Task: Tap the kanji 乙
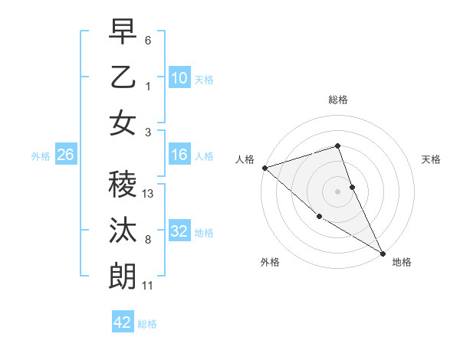pyautogui.click(x=123, y=78)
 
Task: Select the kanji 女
pyautogui.click(x=123, y=123)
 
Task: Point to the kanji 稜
pyautogui.click(x=123, y=185)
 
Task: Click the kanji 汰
pyautogui.click(x=123, y=231)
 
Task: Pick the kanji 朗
pyautogui.click(x=123, y=276)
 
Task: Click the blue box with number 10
pyautogui.click(x=179, y=78)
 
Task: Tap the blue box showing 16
pyautogui.click(x=179, y=155)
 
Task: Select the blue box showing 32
pyautogui.click(x=179, y=231)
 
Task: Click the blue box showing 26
pyautogui.click(x=65, y=155)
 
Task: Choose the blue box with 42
pyautogui.click(x=123, y=322)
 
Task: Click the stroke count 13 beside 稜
pyautogui.click(x=149, y=194)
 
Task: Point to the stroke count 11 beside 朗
pyautogui.click(x=148, y=286)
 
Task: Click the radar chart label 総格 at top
pyautogui.click(x=338, y=100)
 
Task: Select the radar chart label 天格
pyautogui.click(x=432, y=159)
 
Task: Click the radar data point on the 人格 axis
pyautogui.click(x=264, y=168)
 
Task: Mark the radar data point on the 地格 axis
pyautogui.click(x=383, y=253)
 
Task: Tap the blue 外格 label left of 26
pyautogui.click(x=41, y=156)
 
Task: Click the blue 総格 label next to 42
pyautogui.click(x=147, y=324)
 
